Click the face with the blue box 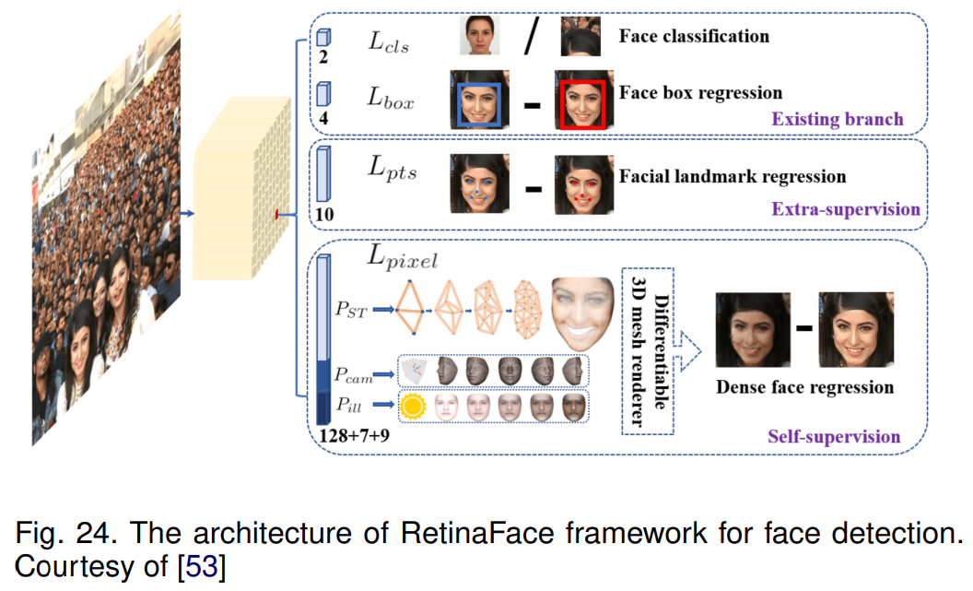479,100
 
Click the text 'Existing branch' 837,119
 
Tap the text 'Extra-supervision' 845,209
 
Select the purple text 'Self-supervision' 834,436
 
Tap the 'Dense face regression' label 804,386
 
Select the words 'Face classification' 693,37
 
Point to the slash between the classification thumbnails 532,39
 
